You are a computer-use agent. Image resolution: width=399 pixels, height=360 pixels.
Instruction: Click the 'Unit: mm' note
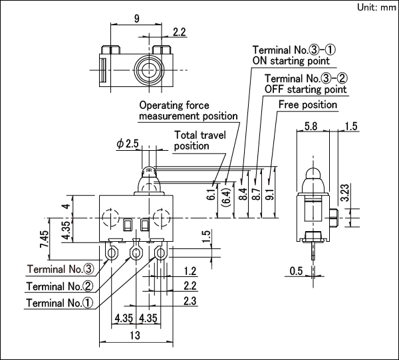376,7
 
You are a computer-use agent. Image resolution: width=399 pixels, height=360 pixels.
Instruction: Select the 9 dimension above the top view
136,19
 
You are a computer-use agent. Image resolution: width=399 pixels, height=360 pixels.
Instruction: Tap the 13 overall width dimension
135,335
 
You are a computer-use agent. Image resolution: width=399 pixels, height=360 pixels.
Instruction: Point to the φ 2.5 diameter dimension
128,143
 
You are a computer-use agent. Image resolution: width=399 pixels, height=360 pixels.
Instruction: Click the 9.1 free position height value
270,195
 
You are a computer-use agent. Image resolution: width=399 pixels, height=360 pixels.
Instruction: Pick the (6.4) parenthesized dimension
226,197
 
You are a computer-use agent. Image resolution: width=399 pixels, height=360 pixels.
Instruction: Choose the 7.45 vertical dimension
45,239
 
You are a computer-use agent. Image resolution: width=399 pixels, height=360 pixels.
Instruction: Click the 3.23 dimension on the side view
345,193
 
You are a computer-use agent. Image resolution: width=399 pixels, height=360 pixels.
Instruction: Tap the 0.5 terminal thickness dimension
296,271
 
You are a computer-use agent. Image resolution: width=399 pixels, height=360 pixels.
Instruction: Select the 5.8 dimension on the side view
311,126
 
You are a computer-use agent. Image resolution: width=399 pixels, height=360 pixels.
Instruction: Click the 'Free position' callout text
308,104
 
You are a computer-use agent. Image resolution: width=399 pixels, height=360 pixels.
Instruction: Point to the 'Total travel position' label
200,140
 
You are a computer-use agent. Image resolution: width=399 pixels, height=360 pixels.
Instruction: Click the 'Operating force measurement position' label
188,111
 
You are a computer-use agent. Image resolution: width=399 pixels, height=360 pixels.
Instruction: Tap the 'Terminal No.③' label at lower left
61,269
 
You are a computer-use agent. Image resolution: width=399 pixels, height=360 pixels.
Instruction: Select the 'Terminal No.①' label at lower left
60,303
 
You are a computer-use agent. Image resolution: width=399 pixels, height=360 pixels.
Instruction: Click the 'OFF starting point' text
306,90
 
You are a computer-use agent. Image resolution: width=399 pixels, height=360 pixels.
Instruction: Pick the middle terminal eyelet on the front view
136,253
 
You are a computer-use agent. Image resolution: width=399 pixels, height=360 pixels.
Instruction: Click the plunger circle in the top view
148,70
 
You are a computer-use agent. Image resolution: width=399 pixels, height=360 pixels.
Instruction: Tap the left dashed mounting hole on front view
111,218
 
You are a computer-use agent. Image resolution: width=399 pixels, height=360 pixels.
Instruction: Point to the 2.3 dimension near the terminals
190,301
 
